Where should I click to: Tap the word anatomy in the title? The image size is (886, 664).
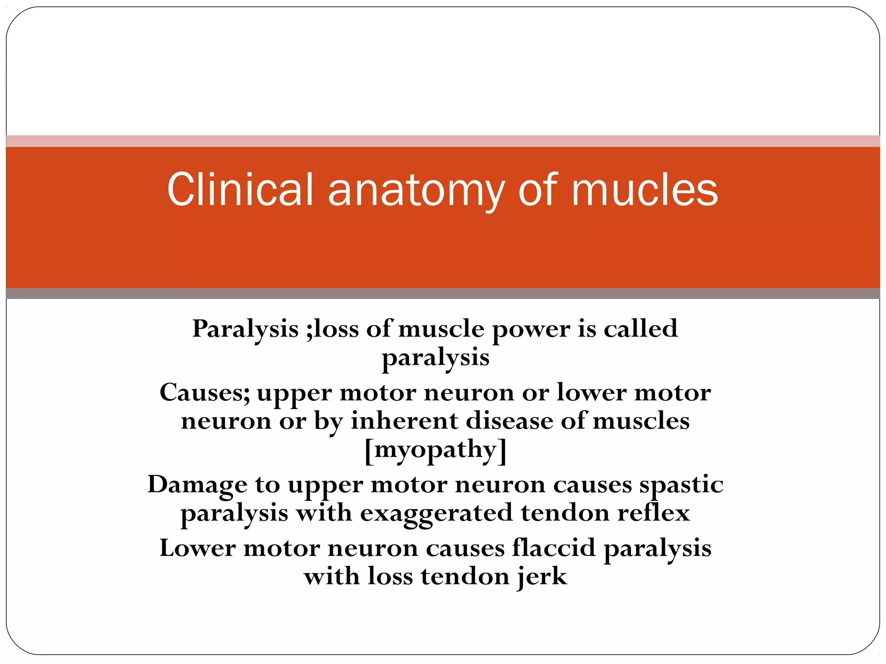tap(416, 190)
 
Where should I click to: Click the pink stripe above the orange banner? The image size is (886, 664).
tap(443, 141)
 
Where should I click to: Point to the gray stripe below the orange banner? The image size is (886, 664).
tap(443, 294)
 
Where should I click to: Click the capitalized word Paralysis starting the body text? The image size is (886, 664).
tap(245, 329)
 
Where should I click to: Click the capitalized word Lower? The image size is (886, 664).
tap(197, 548)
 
